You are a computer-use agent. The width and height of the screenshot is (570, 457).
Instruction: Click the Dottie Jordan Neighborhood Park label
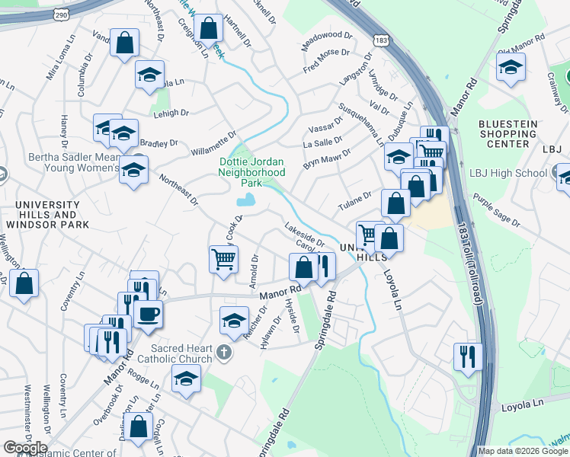[251, 172]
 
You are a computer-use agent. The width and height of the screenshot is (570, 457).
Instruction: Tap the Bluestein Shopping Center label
[508, 133]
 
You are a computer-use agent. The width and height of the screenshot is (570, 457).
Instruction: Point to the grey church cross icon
[223, 352]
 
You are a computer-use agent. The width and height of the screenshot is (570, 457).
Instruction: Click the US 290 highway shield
[61, 14]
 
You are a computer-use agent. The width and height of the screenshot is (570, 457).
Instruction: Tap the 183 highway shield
[379, 38]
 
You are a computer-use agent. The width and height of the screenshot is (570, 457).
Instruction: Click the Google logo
[25, 448]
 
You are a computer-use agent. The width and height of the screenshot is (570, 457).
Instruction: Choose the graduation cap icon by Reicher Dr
[234, 319]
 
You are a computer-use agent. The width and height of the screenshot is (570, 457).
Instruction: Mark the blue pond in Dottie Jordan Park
[246, 200]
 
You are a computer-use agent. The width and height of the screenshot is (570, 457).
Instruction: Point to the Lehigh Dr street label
[171, 113]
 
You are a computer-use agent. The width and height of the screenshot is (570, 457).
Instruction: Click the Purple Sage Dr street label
[495, 211]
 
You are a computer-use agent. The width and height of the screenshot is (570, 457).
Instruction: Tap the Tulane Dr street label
[354, 202]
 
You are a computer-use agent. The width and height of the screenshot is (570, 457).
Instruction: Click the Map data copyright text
[523, 451]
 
